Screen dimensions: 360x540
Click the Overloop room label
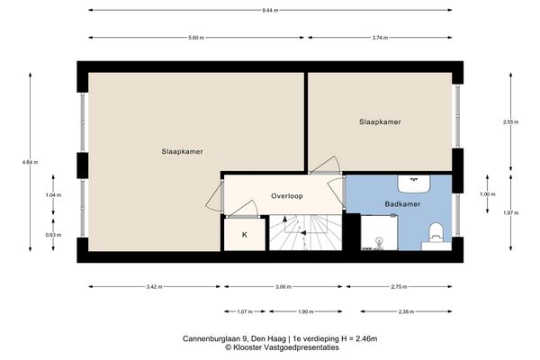[287, 195]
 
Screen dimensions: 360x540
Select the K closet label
[243, 235]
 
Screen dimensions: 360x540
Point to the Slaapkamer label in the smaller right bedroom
[379, 121]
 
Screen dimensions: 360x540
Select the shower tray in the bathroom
[380, 233]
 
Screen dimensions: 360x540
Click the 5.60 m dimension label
[198, 39]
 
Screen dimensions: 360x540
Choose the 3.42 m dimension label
[154, 287]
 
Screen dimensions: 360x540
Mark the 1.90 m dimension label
[306, 312]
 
